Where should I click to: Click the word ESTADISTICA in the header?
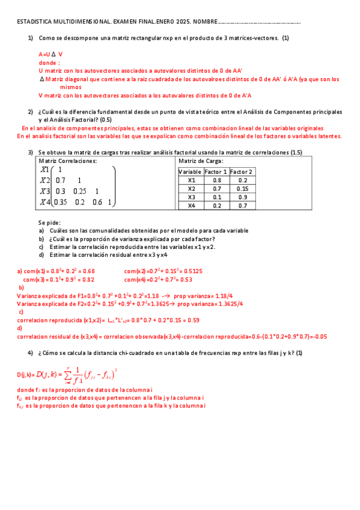click(x=34, y=22)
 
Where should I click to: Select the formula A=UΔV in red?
click(x=50, y=54)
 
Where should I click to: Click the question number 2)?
click(x=30, y=112)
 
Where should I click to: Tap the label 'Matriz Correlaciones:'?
click(x=68, y=161)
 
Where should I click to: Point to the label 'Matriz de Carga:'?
click(x=201, y=161)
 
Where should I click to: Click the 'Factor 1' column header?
click(x=216, y=171)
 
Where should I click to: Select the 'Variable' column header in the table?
click(x=191, y=171)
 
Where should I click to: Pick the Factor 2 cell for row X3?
click(x=242, y=197)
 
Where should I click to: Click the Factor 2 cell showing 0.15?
click(x=242, y=188)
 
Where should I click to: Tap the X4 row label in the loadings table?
click(x=191, y=206)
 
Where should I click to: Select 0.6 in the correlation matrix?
click(x=97, y=202)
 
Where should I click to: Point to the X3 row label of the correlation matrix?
click(x=45, y=191)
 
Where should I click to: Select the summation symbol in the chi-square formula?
click(x=70, y=376)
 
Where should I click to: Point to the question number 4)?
click(x=30, y=352)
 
